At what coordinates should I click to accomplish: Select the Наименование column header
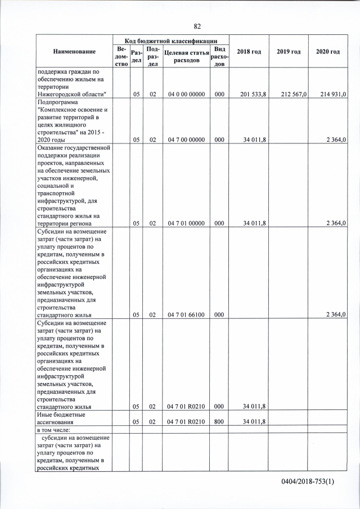(x=74, y=52)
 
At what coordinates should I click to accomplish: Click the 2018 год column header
(x=249, y=52)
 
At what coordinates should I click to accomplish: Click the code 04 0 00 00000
(x=186, y=94)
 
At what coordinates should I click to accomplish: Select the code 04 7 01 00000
(x=186, y=223)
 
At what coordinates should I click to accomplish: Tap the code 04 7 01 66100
(x=186, y=315)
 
